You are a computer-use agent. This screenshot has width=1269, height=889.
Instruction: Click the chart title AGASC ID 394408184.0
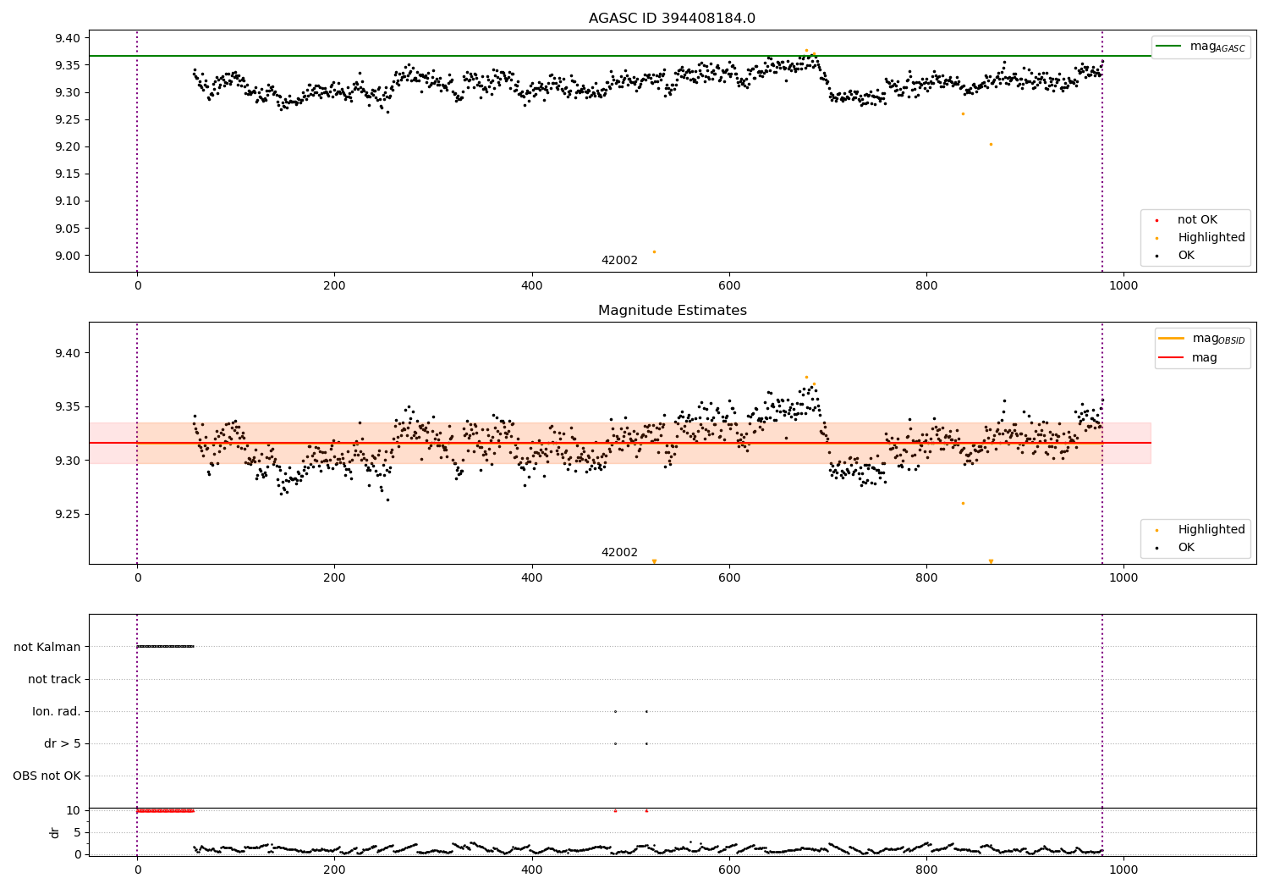tap(672, 19)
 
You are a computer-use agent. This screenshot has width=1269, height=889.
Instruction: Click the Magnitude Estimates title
tap(672, 311)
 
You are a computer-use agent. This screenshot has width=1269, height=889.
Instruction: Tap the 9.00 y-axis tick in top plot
tap(67, 256)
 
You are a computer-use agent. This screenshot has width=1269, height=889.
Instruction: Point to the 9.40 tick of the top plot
tap(67, 38)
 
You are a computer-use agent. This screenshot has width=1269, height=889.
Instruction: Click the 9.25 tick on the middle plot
tap(67, 515)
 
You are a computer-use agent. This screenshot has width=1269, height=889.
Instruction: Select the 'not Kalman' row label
tap(47, 647)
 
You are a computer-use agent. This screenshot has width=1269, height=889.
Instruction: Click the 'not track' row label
tap(54, 679)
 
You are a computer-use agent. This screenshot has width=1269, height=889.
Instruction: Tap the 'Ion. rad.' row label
tap(57, 711)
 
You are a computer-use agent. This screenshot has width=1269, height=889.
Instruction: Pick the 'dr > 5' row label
tap(63, 743)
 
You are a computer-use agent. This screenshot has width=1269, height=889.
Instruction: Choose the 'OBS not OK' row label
tap(47, 776)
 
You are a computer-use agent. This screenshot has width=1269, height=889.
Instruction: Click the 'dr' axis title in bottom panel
tap(55, 832)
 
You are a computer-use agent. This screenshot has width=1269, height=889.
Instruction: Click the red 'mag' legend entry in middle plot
tap(1204, 357)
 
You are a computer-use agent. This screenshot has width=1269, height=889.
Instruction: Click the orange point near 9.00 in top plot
tap(654, 251)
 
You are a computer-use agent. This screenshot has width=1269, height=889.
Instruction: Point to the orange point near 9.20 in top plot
tap(991, 144)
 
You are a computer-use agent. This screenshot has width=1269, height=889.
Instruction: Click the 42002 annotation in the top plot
tap(619, 261)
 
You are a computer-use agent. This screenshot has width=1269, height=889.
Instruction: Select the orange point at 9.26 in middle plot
tap(963, 503)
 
